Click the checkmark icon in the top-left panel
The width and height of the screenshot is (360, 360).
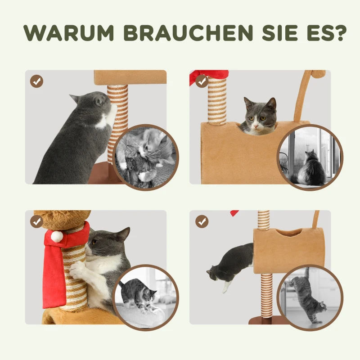[x=37, y=81]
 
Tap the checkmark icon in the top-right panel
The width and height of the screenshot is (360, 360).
[x=202, y=81]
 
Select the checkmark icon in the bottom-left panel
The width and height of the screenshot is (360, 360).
[x=37, y=221]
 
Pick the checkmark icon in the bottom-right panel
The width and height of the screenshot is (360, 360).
[x=202, y=221]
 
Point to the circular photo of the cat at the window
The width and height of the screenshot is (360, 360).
[x=310, y=157]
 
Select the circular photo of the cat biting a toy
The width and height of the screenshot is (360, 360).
[x=145, y=157]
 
